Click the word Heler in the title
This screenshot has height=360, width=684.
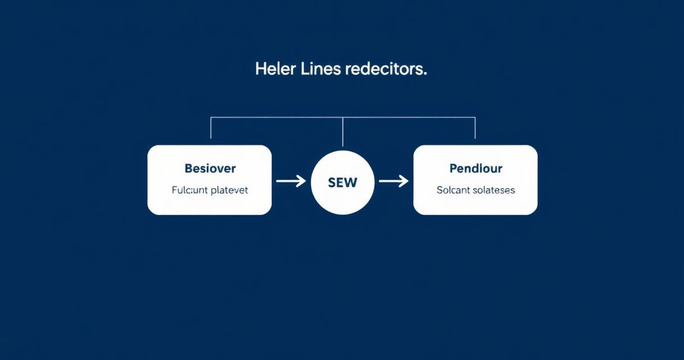point(275,69)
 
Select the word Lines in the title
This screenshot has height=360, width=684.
point(321,69)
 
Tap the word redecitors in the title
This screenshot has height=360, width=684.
point(384,69)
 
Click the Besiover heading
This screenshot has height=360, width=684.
point(210,168)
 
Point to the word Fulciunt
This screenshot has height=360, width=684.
point(190,190)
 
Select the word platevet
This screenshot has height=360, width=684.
point(229,190)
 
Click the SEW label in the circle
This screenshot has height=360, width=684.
point(343,183)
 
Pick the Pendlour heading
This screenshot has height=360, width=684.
point(476,168)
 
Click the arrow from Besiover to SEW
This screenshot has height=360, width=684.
point(291,181)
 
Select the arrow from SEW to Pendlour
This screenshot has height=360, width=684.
point(394,181)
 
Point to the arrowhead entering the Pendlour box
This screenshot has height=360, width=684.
point(404,181)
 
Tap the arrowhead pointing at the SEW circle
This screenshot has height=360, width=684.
point(301,181)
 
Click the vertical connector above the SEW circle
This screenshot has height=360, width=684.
point(343,132)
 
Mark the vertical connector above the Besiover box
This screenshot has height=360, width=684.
point(211,128)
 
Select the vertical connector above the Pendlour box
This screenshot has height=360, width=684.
point(475,128)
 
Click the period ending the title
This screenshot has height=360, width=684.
point(425,74)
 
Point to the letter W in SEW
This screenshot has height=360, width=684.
point(350,183)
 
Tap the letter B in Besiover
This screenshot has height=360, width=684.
point(188,168)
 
